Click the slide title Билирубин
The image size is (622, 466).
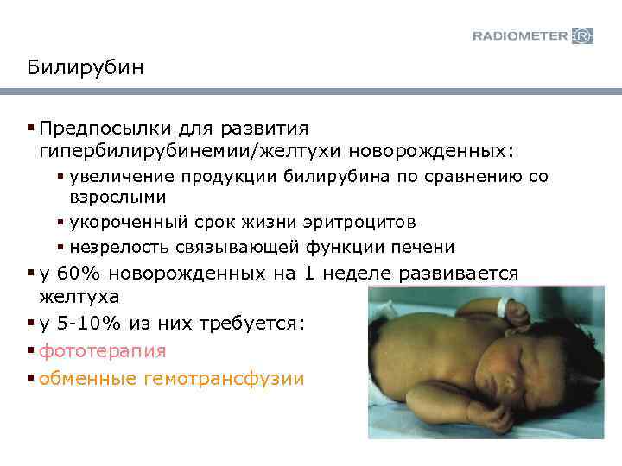tap(85, 67)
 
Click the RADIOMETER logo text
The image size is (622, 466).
tap(520, 35)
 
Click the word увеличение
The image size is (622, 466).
tap(124, 178)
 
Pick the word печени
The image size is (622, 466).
tap(423, 247)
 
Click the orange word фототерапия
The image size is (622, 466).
tap(103, 351)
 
